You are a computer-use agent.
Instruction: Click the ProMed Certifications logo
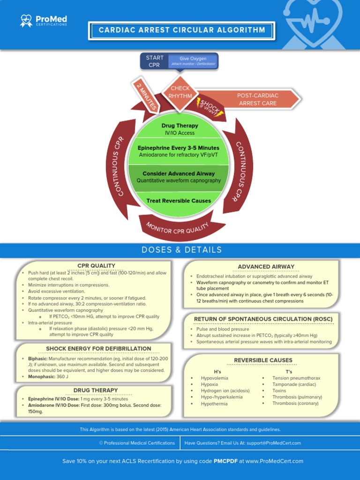point(44,21)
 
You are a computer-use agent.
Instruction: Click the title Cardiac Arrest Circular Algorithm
point(182,30)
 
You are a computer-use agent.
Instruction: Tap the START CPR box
point(154,61)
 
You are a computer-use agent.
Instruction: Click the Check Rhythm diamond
point(180,92)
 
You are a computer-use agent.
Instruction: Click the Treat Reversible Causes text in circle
point(179,201)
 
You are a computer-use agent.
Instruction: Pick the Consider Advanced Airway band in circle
point(179,177)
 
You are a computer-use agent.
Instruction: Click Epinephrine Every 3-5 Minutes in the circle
point(179,148)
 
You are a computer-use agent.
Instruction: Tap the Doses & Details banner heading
point(182,250)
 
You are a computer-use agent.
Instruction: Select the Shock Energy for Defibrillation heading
point(98,349)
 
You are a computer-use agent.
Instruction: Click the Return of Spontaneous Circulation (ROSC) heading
point(263,319)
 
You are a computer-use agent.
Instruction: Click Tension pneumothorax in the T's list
point(296,378)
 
